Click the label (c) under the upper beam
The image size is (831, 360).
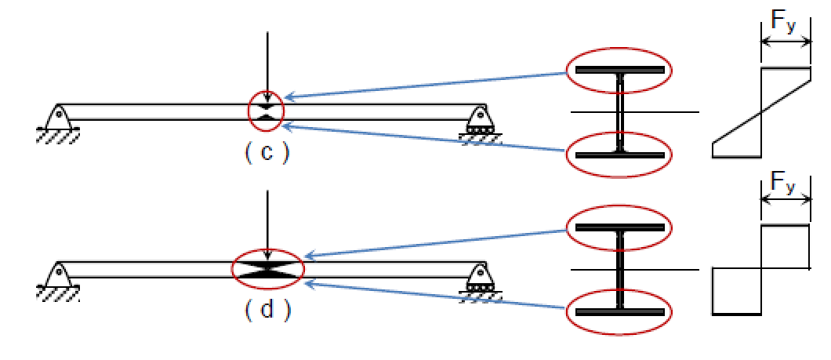click(x=267, y=153)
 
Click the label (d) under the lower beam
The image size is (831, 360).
click(x=267, y=311)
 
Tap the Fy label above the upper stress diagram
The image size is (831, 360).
click(x=783, y=23)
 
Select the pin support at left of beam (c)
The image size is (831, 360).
click(x=57, y=120)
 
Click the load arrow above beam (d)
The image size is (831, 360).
click(x=267, y=224)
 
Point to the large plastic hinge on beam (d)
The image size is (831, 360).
click(x=267, y=269)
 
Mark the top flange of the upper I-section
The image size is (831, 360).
click(x=620, y=71)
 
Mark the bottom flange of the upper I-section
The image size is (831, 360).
click(x=620, y=155)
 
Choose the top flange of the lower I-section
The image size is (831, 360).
click(x=620, y=228)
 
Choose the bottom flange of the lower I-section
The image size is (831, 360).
click(x=620, y=312)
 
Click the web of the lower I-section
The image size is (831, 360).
click(x=620, y=270)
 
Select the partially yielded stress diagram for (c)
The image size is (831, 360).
click(x=761, y=113)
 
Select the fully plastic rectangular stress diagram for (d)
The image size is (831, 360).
click(x=761, y=270)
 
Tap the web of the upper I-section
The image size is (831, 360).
click(x=620, y=112)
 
